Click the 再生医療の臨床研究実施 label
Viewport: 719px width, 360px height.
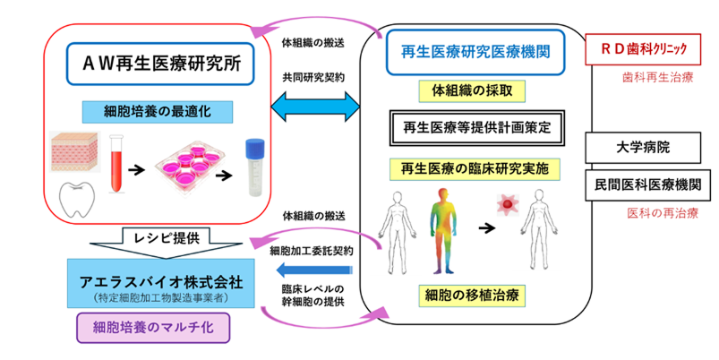pos(477,167)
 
